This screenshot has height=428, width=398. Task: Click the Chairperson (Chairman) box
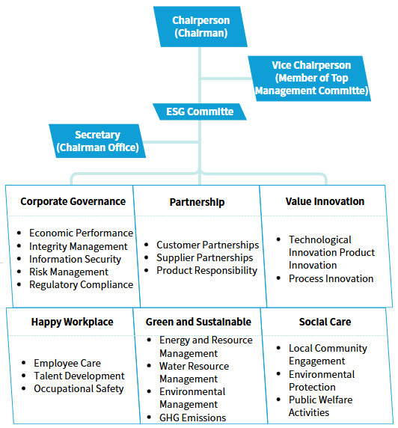click(x=200, y=26)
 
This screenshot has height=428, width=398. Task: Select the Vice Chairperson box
click(x=310, y=78)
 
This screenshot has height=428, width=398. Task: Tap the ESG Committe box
click(x=200, y=112)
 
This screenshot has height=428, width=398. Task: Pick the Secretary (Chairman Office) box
click(x=97, y=141)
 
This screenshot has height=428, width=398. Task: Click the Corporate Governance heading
click(x=73, y=201)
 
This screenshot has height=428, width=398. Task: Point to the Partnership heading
click(x=197, y=202)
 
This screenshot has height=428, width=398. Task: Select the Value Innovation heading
click(x=325, y=201)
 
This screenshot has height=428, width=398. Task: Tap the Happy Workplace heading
click(x=72, y=322)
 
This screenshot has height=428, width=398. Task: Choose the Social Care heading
click(x=325, y=322)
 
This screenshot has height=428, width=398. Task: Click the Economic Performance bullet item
click(x=81, y=233)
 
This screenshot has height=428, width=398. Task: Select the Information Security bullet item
click(x=75, y=259)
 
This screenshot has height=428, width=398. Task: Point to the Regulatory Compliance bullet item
click(x=81, y=284)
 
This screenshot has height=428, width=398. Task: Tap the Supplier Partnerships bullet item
click(x=204, y=257)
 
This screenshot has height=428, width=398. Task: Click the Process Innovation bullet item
click(x=331, y=278)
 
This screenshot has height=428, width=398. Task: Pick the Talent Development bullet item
click(x=79, y=376)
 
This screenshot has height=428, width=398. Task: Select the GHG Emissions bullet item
click(x=192, y=418)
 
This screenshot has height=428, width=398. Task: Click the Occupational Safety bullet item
click(x=79, y=388)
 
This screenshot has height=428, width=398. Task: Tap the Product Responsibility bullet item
click(x=206, y=270)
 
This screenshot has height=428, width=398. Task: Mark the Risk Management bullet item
click(x=69, y=272)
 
